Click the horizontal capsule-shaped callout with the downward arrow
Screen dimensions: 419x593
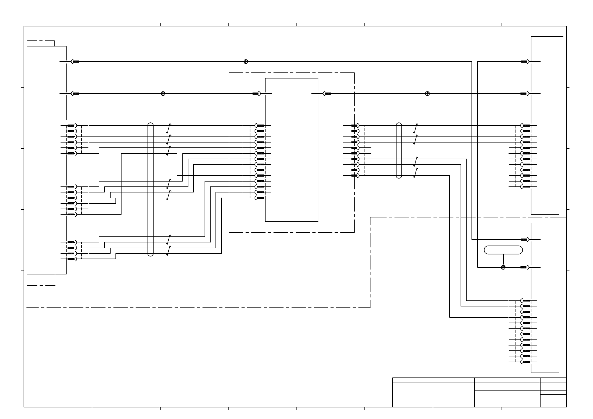503,250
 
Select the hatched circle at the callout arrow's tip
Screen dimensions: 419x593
503,267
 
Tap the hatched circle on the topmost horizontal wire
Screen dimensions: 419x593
246,62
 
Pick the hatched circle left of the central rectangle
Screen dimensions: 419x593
163,94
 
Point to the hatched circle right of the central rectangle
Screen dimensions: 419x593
427,94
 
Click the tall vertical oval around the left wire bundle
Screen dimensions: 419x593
151,189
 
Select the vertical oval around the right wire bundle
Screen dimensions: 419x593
399,151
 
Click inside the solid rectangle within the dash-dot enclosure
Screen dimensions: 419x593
292,150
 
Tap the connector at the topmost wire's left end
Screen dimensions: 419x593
75,62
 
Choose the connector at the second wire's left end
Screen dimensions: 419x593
75,94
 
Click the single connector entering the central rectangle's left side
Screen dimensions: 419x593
257,94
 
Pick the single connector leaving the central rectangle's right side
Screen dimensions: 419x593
327,94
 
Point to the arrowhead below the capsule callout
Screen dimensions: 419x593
503,263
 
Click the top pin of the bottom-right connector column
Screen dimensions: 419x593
526,301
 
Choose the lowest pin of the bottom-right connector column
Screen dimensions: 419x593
526,362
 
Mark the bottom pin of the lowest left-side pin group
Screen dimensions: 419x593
72,259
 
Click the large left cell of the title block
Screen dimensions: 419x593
433,394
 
